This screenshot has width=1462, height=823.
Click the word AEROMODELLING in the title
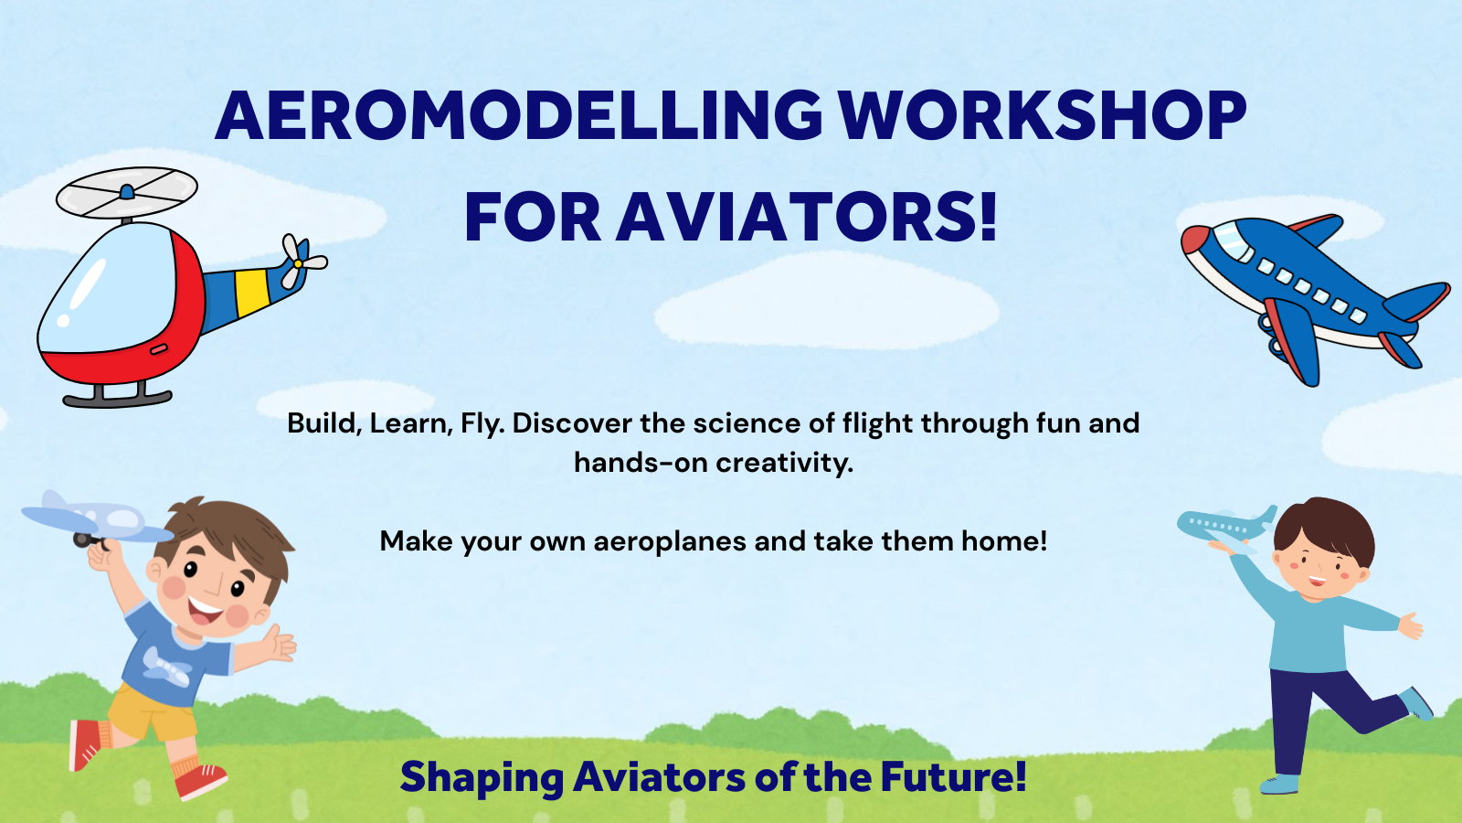tap(519, 115)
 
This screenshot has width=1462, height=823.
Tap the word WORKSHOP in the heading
tap(1043, 115)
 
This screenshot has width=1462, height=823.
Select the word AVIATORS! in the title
tap(807, 217)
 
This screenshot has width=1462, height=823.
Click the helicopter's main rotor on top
tap(127, 192)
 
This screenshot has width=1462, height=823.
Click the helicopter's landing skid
tap(118, 398)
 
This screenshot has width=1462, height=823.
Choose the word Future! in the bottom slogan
tap(954, 776)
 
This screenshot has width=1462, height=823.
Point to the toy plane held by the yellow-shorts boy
tap(98, 520)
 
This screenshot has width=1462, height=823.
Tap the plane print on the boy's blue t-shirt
tap(167, 667)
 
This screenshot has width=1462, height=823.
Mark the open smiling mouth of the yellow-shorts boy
tap(205, 610)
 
